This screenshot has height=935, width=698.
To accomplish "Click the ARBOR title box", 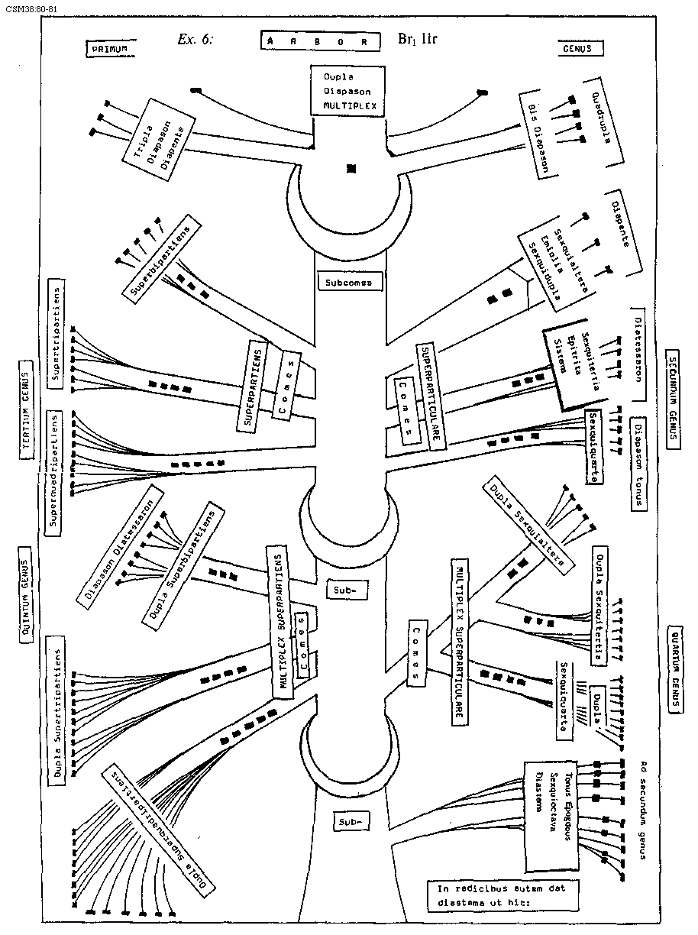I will pyautogui.click(x=320, y=40).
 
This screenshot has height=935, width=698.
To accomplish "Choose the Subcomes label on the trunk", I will pyautogui.click(x=348, y=283).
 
